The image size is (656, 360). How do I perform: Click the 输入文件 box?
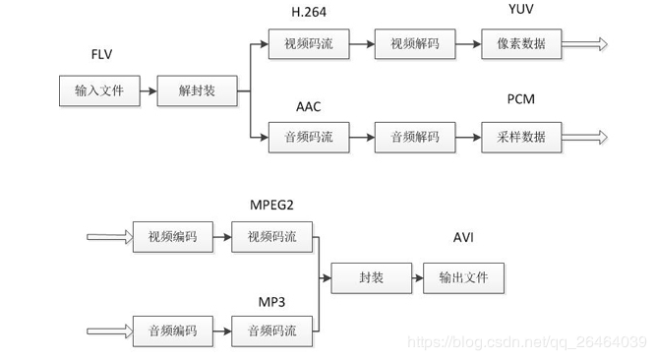tap(100, 91)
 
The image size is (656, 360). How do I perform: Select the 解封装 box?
tap(197, 91)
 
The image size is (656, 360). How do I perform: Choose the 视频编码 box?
tap(173, 236)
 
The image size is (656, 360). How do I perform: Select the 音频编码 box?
tap(173, 330)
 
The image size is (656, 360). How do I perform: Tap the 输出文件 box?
tap(463, 278)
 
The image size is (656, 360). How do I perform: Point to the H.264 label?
tap(309, 11)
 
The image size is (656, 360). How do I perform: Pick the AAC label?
tap(309, 105)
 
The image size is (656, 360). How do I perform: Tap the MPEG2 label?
tap(271, 203)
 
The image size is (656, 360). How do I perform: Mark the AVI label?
tap(464, 239)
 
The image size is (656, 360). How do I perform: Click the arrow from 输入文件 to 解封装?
tap(149, 91)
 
